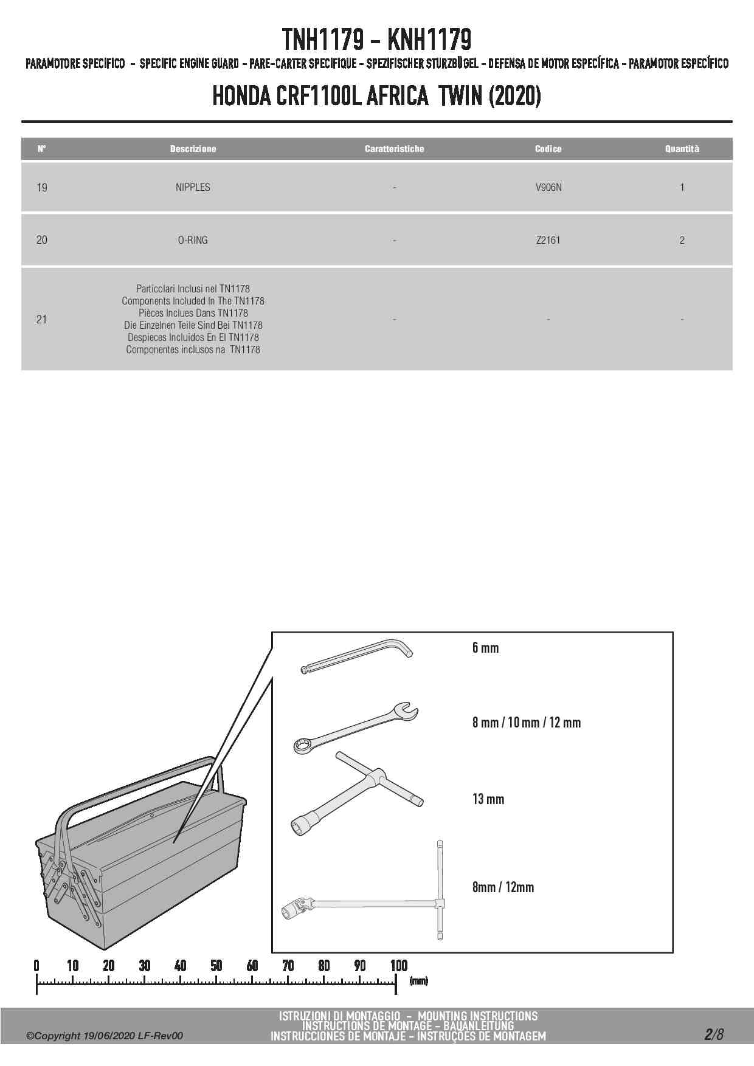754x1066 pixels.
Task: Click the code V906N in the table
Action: pos(548,187)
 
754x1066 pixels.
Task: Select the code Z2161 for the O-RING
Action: pos(548,240)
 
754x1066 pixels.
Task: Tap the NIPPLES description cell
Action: pos(193,187)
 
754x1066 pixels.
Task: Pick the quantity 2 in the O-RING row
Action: pos(682,240)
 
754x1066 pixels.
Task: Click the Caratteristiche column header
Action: pos(394,149)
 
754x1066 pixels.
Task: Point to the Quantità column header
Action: pos(682,149)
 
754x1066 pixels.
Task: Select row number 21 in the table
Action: pos(41,319)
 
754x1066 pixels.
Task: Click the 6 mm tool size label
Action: pos(485,648)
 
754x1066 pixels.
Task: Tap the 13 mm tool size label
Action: pos(488,799)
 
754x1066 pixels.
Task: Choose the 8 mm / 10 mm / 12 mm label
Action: pos(526,723)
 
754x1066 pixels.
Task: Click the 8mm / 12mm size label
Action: pos(503,887)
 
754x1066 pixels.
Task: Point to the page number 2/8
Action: pos(714,1034)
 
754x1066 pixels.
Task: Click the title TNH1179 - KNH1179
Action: pos(376,40)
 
